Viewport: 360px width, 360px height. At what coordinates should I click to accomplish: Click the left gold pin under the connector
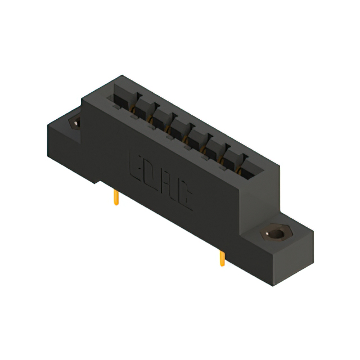pos(116,198)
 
